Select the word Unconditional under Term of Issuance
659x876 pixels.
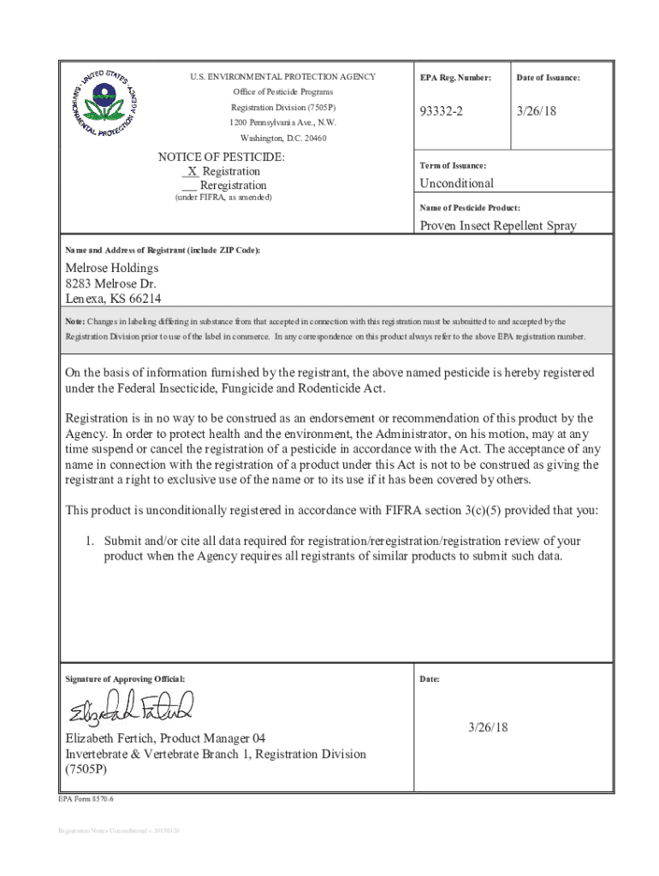tap(456, 183)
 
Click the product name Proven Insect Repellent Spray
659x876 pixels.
tap(497, 226)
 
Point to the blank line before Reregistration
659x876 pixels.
tap(190, 186)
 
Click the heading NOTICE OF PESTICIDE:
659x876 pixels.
tap(222, 157)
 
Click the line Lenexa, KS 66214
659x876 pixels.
tap(114, 299)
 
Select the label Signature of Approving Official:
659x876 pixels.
tap(125, 679)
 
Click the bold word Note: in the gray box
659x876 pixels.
tap(75, 322)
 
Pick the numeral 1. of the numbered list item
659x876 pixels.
tap(88, 541)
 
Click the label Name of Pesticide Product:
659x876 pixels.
tap(470, 208)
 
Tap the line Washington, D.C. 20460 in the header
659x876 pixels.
tap(282, 138)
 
